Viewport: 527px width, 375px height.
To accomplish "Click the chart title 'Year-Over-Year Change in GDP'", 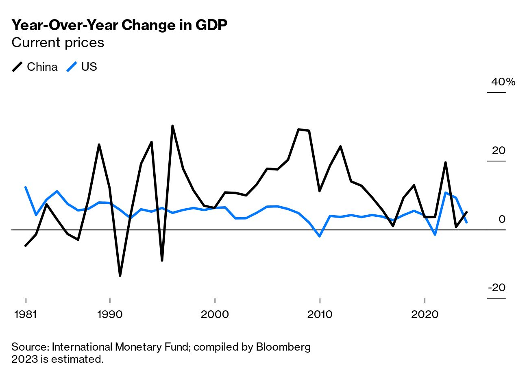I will pyautogui.click(x=119, y=25).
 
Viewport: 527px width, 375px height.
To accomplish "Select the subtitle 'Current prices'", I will pyautogui.click(x=58, y=43).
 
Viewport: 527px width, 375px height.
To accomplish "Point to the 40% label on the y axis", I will pyautogui.click(x=503, y=82).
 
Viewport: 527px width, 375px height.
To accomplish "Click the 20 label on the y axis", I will pyautogui.click(x=499, y=150).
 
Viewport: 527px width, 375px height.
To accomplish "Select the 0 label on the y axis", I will pyautogui.click(x=502, y=219).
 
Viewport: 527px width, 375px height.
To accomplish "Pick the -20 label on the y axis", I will pyautogui.click(x=497, y=288).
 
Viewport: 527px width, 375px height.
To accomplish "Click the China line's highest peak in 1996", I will pyautogui.click(x=172, y=126).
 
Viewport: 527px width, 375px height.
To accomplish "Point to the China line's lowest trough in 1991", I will pyautogui.click(x=120, y=276).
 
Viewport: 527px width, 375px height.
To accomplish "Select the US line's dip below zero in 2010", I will pyautogui.click(x=320, y=236).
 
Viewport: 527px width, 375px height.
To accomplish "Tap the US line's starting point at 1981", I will pyautogui.click(x=26, y=187).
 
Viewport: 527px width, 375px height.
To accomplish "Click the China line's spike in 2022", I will pyautogui.click(x=446, y=163).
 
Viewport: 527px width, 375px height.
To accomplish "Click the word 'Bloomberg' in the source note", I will pyautogui.click(x=283, y=347).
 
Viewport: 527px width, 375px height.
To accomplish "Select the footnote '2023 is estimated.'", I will pyautogui.click(x=57, y=359).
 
